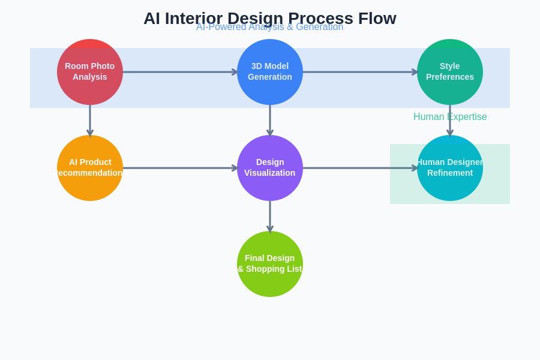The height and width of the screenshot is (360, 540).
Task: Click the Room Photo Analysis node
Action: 90,72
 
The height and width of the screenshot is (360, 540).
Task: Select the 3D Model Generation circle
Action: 270,72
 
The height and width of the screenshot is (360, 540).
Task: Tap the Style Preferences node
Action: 450,72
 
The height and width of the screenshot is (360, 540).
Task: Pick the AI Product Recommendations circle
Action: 90,168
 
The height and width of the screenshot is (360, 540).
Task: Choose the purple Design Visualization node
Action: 270,168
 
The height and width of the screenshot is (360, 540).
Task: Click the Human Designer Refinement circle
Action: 450,168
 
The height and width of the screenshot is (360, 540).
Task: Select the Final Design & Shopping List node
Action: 270,264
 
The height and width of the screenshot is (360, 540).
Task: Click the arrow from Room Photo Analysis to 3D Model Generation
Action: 180,72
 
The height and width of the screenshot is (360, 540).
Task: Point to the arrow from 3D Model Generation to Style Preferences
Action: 360,72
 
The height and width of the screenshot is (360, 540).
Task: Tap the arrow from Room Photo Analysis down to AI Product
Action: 90,121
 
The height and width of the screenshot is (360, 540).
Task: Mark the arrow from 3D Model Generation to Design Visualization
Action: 270,121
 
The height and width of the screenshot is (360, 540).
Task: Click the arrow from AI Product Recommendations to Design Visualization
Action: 180,168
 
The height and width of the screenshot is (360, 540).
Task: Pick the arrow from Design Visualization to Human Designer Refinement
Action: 360,168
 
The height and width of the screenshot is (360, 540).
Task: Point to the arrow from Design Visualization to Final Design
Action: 270,217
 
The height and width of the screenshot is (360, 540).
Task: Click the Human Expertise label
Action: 450,117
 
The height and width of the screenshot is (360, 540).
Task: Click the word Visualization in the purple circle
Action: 270,173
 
